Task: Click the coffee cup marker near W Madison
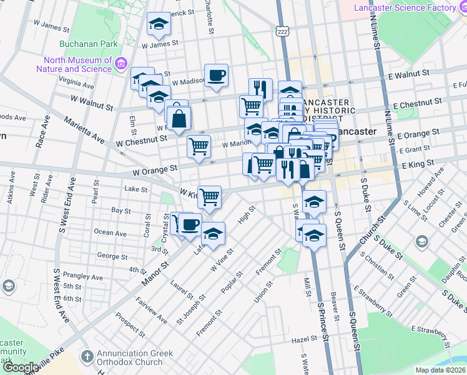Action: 217,76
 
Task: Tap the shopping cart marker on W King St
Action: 210,196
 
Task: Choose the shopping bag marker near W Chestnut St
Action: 179,117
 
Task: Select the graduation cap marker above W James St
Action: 159,24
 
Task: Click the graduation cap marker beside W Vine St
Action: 214,233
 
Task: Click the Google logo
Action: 21,367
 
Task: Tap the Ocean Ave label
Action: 110,232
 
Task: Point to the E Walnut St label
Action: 409,74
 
